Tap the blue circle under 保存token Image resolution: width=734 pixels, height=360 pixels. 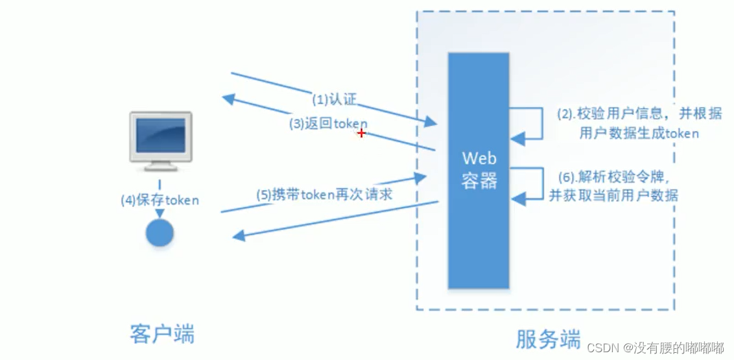click(x=159, y=232)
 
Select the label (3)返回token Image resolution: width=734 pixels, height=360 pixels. click(x=328, y=124)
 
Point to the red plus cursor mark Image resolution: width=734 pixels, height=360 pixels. click(x=361, y=133)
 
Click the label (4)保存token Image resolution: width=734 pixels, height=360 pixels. click(x=160, y=200)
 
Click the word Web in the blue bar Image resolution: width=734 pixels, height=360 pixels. click(x=479, y=158)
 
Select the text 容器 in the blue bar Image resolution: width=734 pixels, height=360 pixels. click(x=479, y=181)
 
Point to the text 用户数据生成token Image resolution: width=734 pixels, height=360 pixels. click(x=638, y=134)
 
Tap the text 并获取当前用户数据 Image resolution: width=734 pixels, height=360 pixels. click(x=613, y=195)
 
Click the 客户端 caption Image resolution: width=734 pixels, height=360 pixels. click(x=161, y=333)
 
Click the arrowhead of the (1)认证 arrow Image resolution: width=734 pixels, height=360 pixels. click(x=432, y=123)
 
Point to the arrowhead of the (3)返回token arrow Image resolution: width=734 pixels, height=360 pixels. click(x=227, y=98)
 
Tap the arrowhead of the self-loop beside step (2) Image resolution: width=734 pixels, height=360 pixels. click(x=515, y=138)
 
